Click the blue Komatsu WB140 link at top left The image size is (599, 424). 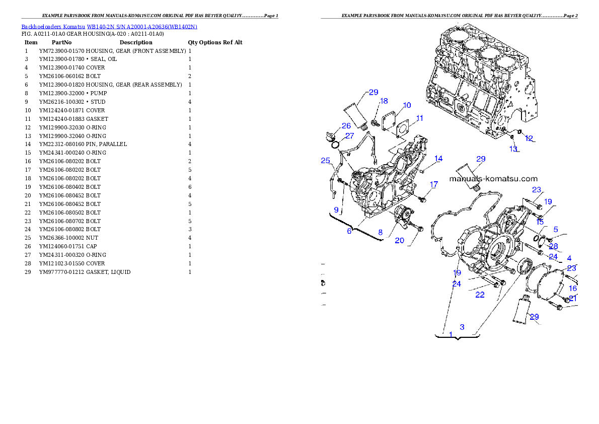[x=109, y=26]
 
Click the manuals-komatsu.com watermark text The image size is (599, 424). [x=493, y=178]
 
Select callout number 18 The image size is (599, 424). [x=384, y=101]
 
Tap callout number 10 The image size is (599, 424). [x=407, y=105]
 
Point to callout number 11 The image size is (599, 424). [x=419, y=118]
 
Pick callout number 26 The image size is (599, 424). [x=346, y=126]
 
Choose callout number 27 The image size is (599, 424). [x=349, y=136]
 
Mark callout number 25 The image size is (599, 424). [x=326, y=161]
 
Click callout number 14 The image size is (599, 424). [x=438, y=159]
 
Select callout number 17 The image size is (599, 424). [x=434, y=185]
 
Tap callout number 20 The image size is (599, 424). [x=399, y=241]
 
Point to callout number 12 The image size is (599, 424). [x=529, y=138]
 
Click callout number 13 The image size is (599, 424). [x=513, y=149]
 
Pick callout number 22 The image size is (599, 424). [x=480, y=295]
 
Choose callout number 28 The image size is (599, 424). [x=554, y=247]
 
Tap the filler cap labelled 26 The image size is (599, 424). [x=330, y=136]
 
